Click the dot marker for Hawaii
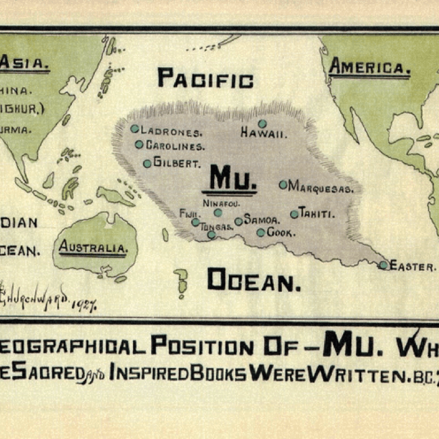[262, 123]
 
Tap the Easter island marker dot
[384, 265]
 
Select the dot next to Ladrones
[135, 128]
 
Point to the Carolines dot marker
[139, 145]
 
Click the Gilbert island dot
[147, 163]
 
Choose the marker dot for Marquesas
[283, 185]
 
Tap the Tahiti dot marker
[294, 214]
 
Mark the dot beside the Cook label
[261, 233]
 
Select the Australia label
[93, 247]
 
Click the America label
[369, 68]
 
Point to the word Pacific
[205, 78]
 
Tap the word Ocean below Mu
[254, 280]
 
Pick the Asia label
[23, 64]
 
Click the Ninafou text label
[222, 202]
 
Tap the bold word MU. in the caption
[355, 344]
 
